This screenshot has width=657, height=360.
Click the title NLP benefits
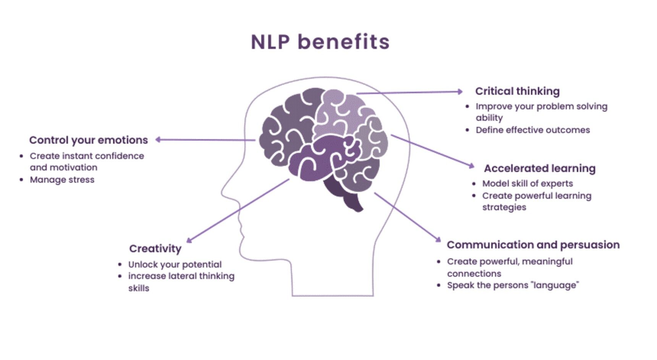[320, 42]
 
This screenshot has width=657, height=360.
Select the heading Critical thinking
[517, 91]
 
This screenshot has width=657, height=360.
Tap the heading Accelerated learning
[539, 169]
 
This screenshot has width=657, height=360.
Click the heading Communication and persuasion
[533, 245]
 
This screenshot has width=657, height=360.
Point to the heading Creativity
[155, 249]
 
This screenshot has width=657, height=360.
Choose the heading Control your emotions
[88, 140]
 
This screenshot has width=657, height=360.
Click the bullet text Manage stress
[62, 180]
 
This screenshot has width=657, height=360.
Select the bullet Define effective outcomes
[532, 130]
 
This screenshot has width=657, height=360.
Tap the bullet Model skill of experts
[527, 184]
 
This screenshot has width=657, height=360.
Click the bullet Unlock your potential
[175, 264]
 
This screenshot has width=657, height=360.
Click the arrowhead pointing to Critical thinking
[460, 91]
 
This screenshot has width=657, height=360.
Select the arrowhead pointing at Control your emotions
[158, 139]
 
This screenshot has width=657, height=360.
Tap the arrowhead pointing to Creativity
[189, 240]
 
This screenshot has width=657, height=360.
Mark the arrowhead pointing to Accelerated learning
[472, 166]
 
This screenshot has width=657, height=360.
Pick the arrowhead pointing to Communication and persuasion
[438, 239]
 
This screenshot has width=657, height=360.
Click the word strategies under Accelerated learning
[504, 207]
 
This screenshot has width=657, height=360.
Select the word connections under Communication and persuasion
[474, 274]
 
